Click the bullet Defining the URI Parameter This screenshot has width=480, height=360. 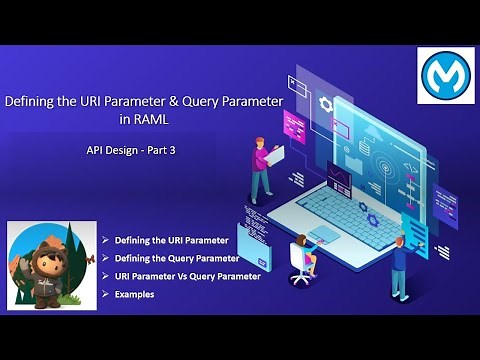[171, 241]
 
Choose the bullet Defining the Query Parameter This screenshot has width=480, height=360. [177, 258]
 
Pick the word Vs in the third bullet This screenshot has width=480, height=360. [185, 276]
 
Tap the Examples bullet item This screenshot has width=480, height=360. [134, 294]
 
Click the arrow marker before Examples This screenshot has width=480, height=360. [106, 294]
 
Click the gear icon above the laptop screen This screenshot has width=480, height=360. [324, 104]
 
